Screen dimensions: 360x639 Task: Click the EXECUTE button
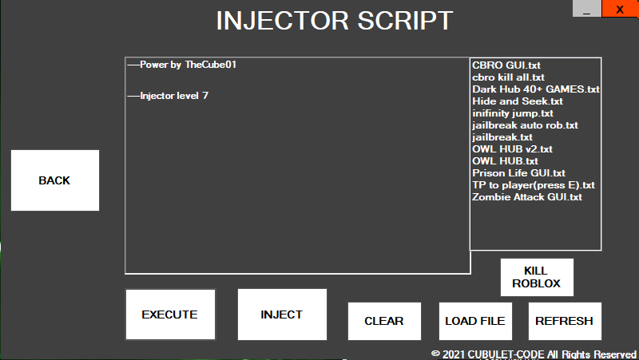169,315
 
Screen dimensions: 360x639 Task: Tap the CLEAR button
383,321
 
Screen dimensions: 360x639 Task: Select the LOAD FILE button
474,321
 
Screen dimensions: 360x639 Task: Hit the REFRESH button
564,321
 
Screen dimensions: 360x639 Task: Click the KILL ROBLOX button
536,277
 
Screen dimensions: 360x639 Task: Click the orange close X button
619,10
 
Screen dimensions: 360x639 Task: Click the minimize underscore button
587,10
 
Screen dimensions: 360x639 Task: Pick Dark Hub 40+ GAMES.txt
535,89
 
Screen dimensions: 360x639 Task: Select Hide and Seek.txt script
517,101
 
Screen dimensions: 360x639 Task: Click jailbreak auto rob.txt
525,125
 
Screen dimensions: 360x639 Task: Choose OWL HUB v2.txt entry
512,149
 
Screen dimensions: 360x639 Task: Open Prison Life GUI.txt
518,172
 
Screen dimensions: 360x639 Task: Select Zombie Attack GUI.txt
526,196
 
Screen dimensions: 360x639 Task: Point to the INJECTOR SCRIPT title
334,21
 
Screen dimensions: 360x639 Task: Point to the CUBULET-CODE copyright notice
534,354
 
